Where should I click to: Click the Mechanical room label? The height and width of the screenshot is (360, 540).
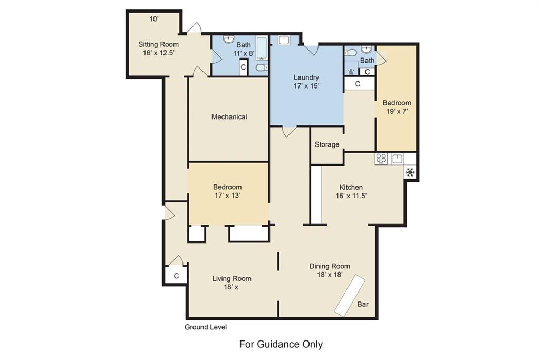coord(229,117)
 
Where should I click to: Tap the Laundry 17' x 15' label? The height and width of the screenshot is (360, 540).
coord(306,82)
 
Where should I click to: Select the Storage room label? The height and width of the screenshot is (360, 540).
coord(327,144)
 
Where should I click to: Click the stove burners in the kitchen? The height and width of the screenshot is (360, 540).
coord(381,159)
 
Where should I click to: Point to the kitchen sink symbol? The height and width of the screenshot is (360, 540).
coord(398,159)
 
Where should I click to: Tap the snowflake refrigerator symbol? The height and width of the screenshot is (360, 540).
coord(410,172)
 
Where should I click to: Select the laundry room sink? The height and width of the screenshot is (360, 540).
coord(284,40)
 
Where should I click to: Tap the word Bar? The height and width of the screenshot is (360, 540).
coord(363,304)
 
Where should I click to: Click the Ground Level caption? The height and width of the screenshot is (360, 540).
coord(206,327)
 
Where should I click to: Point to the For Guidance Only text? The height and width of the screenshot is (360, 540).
coord(281,344)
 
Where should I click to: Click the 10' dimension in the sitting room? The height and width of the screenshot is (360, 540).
coord(154,19)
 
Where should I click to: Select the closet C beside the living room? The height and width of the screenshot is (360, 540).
coord(176,276)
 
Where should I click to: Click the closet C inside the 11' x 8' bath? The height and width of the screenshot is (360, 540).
coord(243,67)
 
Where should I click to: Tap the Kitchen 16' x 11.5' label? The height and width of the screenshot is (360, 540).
coord(351,192)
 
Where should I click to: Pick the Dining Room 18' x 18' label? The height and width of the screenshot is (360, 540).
coord(330,270)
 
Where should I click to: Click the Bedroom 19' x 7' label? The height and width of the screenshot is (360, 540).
coord(397,107)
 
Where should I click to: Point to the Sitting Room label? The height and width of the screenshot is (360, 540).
coord(158,48)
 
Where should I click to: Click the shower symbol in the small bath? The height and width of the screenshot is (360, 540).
coord(351,72)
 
